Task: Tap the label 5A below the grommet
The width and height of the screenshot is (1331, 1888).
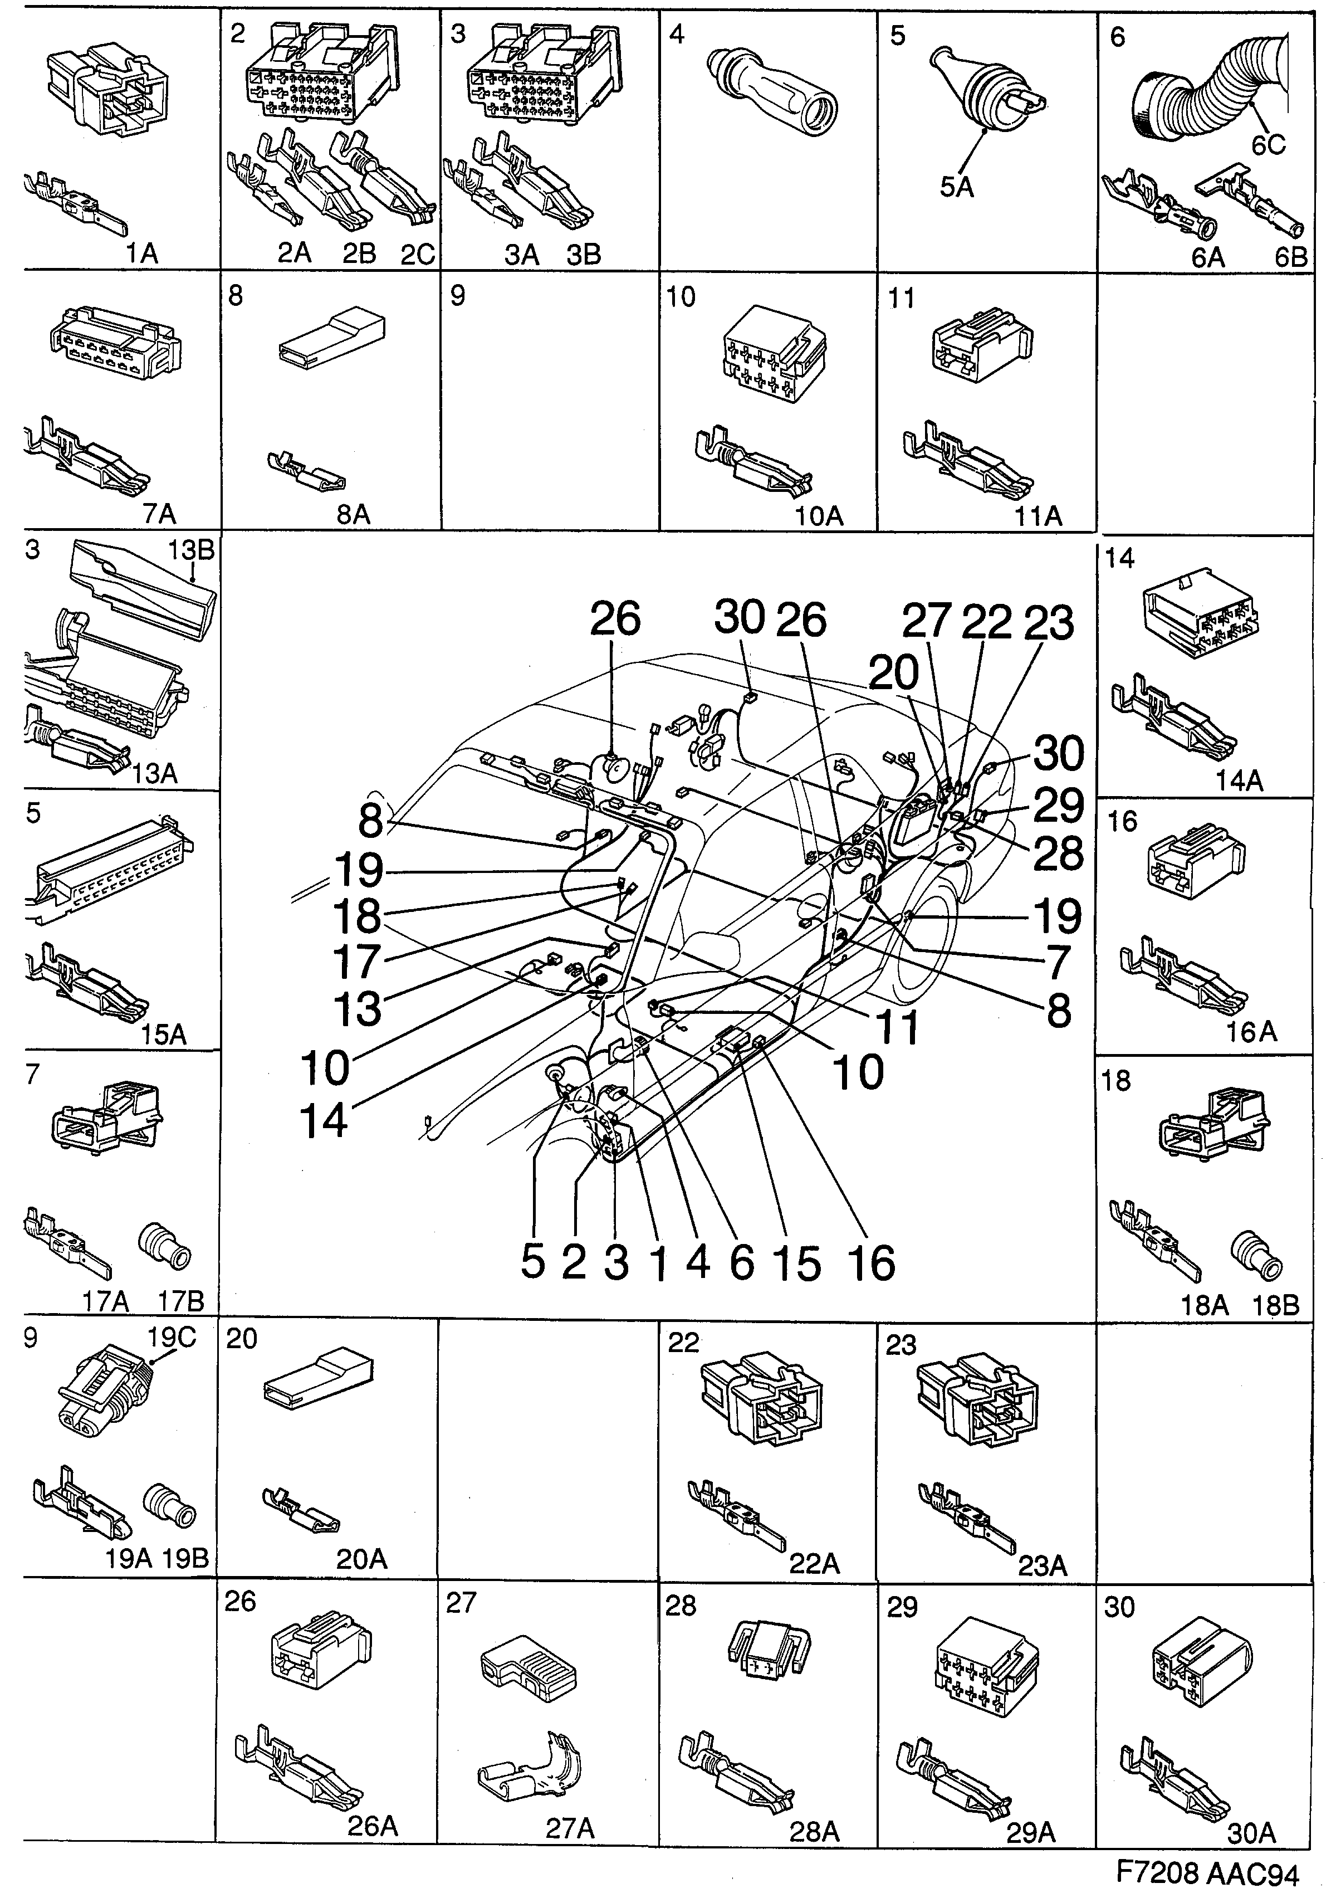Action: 956,188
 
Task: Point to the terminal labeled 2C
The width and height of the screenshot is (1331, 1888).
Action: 386,177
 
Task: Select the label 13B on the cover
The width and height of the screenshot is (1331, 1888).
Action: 192,549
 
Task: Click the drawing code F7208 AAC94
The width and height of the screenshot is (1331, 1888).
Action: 1207,1871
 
